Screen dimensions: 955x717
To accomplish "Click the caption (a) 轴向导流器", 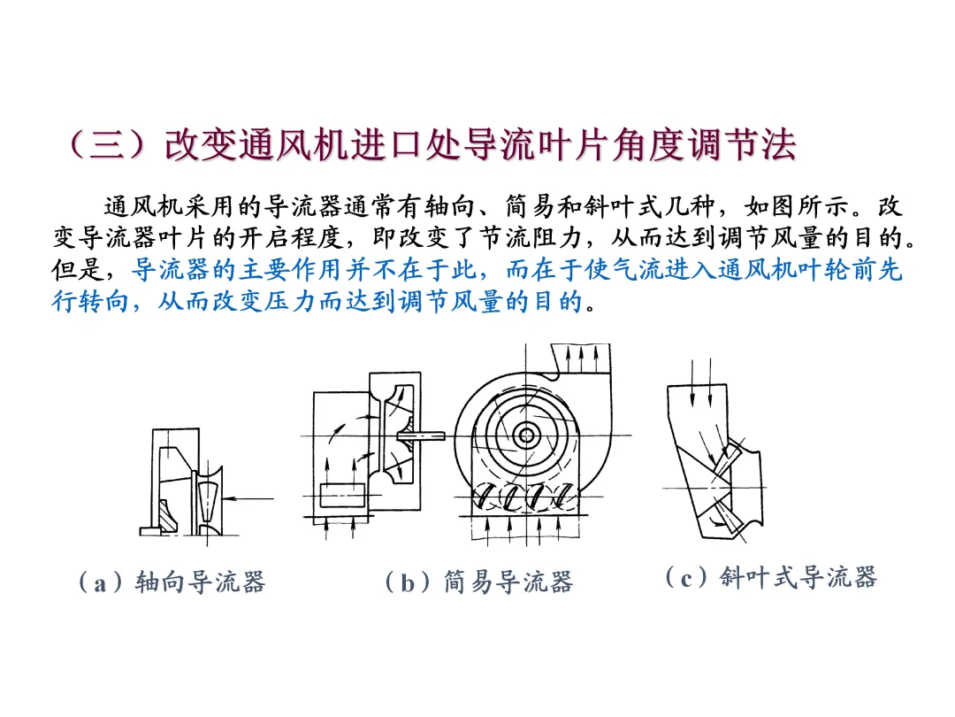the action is pos(172,582).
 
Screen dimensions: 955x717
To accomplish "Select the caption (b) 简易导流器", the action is pos(479,582).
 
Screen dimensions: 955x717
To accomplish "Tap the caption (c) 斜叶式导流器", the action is pos(772,577).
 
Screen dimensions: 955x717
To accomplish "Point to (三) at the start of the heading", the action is pos(107,145).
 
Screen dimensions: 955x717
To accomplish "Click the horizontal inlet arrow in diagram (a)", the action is pos(248,498).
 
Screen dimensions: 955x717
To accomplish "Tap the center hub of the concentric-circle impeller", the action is pos(525,436).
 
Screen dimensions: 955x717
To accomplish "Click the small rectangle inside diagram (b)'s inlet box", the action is pos(342,495).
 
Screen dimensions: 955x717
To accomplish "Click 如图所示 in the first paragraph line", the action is pos(797,206).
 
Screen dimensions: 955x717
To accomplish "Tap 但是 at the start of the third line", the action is pos(77,269).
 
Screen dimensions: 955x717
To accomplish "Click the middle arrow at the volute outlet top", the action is pos(582,358).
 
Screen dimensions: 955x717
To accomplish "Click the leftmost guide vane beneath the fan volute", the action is pos(485,496).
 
